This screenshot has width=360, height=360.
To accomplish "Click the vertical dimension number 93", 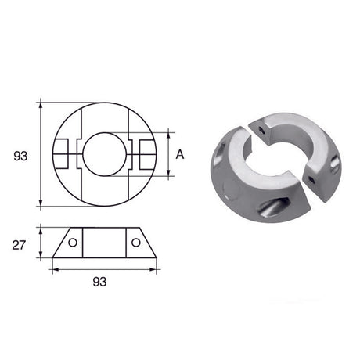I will [20, 156].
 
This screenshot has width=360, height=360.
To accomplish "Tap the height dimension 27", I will [20, 245].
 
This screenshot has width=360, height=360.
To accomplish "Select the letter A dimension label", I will [180, 155].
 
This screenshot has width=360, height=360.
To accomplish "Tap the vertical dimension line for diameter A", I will [168, 154].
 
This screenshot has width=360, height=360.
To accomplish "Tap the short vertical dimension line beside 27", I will [39, 244].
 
